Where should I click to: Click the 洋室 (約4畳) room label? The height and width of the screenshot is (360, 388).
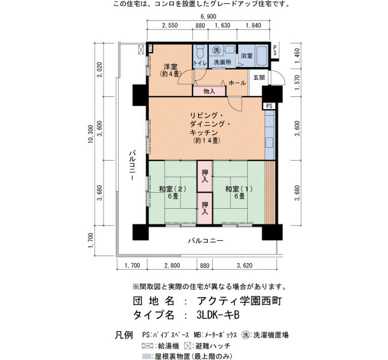point(171,70)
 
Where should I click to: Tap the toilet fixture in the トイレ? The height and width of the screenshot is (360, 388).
point(200,52)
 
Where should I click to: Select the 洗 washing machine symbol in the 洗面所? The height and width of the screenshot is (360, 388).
point(217,50)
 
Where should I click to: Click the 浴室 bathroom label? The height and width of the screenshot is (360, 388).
point(247,55)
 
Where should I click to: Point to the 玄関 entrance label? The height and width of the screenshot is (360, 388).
point(259,78)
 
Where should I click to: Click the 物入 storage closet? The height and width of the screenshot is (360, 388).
point(210,91)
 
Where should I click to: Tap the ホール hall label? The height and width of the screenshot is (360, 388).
point(238,83)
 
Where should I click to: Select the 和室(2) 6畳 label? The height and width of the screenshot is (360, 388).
point(172,193)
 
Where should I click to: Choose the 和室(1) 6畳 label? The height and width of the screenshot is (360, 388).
point(239,193)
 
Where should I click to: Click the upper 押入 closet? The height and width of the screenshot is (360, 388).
point(205,176)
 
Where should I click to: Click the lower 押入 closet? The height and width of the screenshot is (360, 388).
point(205,208)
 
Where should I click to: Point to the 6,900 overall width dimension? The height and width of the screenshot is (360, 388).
point(208,17)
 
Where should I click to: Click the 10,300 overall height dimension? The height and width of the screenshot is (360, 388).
point(90,134)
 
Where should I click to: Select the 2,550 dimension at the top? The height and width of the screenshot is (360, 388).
point(170,25)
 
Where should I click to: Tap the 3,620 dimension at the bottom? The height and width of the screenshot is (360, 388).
point(244,265)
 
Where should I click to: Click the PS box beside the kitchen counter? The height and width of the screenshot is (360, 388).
point(269,106)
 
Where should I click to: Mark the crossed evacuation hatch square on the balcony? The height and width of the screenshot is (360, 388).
point(141,49)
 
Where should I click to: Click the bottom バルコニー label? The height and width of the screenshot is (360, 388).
point(206,240)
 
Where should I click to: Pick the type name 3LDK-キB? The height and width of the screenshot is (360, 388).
point(218,315)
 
